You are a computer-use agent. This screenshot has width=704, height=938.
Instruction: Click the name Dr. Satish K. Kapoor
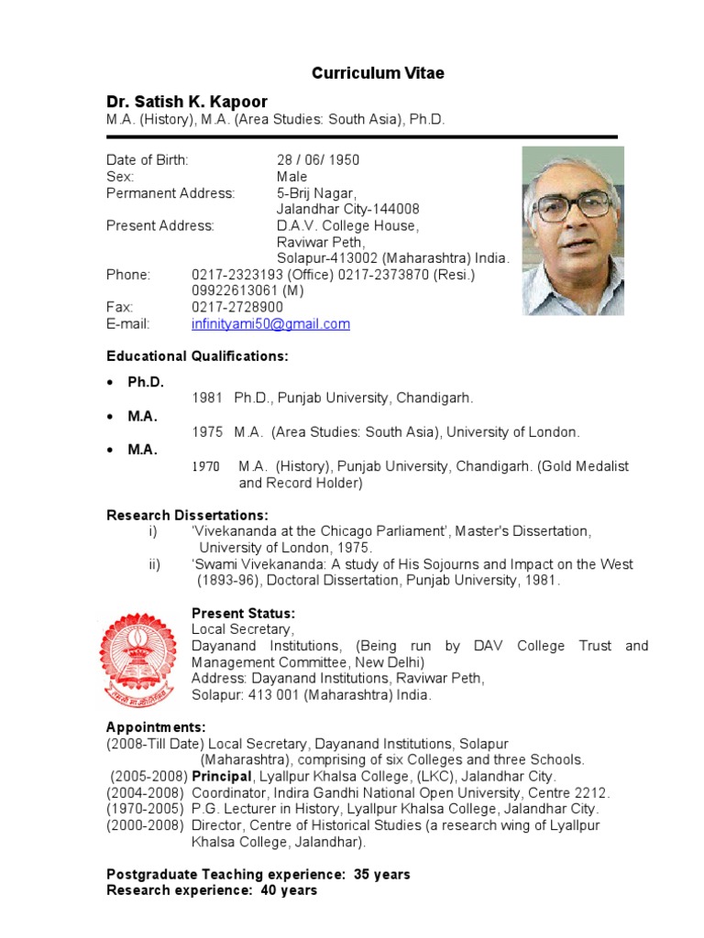[187, 102]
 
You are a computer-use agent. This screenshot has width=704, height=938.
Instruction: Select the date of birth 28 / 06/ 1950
[318, 160]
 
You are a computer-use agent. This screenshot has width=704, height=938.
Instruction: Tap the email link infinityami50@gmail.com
[270, 324]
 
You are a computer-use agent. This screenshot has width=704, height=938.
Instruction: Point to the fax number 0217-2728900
[236, 308]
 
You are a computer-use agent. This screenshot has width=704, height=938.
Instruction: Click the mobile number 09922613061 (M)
[247, 291]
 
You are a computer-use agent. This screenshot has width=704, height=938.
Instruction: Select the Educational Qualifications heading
[197, 355]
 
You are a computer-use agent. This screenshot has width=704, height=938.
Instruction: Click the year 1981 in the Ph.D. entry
[206, 398]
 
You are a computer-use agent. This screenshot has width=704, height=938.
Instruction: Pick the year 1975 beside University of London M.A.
[206, 432]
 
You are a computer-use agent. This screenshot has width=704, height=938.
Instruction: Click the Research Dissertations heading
[187, 516]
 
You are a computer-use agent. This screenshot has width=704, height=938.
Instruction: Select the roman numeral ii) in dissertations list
[154, 564]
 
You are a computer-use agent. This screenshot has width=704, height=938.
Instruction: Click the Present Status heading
[243, 613]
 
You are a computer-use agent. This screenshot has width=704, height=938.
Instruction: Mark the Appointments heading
[156, 727]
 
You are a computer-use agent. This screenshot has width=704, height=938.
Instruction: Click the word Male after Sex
[292, 177]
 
